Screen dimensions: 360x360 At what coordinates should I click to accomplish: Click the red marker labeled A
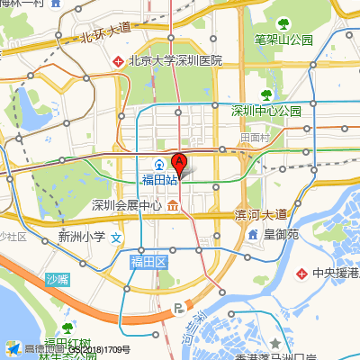pos(178,165)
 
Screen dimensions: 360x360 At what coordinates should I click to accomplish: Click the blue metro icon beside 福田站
pos(157,165)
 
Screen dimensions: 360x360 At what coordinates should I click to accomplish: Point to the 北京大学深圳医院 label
pos(175,61)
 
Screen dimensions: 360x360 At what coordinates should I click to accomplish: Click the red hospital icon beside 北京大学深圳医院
pos(118,61)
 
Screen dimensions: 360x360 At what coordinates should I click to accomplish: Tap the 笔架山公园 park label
pos(283,40)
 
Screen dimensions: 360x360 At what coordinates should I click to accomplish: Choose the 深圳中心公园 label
pos(266,111)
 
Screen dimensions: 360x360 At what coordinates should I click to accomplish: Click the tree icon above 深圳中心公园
pos(266,94)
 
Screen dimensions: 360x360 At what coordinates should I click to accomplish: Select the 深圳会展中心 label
pos(127,205)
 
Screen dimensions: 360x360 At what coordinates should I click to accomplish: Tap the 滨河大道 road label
pos(260,214)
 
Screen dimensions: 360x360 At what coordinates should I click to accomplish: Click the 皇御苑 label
pos(280,235)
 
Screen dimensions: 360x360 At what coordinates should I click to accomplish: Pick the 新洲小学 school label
pos(81,238)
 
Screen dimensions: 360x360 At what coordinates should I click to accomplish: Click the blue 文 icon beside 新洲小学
pos(115,240)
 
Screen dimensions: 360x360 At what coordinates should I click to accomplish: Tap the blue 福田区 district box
pos(148,262)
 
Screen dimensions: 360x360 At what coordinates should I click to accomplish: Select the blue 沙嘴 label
pos(57,279)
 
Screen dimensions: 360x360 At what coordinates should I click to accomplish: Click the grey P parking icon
pos(178,309)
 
